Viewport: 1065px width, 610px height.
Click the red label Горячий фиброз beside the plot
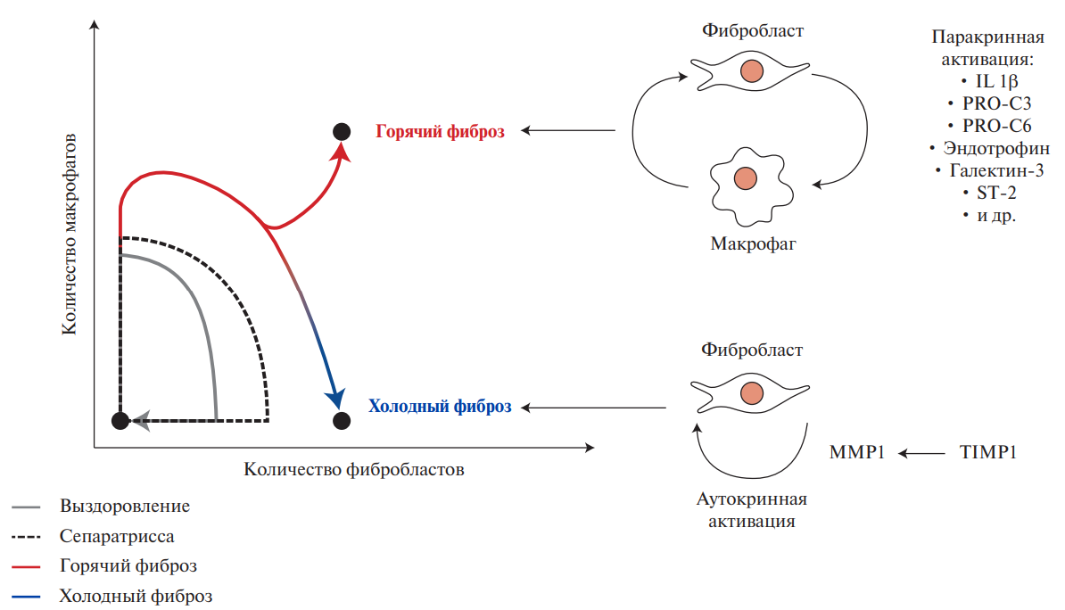tap(440, 131)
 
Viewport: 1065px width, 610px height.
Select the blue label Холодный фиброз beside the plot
tap(440, 407)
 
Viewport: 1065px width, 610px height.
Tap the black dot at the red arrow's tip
tap(340, 132)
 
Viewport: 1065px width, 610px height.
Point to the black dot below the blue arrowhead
tap(340, 419)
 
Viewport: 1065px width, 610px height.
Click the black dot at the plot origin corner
tap(120, 420)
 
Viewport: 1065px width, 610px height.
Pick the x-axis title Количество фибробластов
tap(354, 469)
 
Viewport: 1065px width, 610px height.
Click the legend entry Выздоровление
tap(125, 507)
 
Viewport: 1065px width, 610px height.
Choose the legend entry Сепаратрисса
tap(118, 536)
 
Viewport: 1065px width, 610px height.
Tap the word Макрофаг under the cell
tap(753, 243)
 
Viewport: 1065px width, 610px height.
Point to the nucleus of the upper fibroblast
tap(754, 70)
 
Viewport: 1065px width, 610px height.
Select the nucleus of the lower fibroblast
tap(752, 392)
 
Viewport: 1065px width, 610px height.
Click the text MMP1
tap(857, 453)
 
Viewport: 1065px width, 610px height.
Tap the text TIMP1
tap(987, 453)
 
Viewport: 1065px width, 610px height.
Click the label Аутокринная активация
tap(751, 509)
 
